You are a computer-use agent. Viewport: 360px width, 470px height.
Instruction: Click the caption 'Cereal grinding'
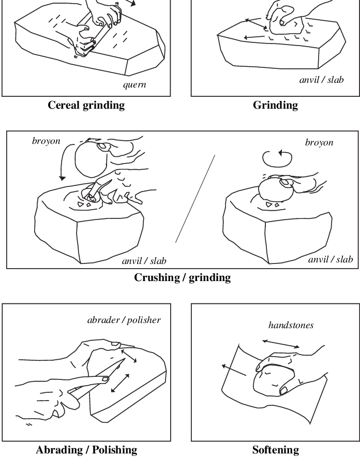[86, 105]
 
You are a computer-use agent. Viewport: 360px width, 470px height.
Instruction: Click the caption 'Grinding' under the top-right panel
[275, 105]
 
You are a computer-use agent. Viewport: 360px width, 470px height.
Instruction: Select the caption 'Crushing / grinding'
[182, 277]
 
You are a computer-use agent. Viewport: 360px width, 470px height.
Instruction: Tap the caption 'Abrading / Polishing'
[86, 450]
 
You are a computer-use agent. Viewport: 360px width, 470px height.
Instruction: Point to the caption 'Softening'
[275, 450]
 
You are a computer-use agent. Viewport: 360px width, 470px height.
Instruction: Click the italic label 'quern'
[134, 85]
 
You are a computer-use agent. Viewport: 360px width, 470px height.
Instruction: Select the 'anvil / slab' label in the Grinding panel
[321, 80]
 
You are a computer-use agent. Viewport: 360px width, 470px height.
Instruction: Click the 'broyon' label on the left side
[46, 141]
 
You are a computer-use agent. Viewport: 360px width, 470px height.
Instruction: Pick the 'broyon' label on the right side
[319, 142]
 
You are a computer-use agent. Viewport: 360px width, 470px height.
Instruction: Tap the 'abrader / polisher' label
[124, 320]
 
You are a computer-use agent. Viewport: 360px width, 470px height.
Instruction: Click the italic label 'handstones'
[291, 325]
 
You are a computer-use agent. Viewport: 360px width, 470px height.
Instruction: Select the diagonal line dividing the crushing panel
[195, 199]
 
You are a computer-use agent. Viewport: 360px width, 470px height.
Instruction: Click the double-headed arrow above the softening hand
[281, 344]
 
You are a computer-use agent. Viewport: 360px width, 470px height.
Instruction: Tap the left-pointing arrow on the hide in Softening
[232, 370]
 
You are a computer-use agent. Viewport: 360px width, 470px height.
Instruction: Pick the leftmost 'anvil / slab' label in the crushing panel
[144, 261]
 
